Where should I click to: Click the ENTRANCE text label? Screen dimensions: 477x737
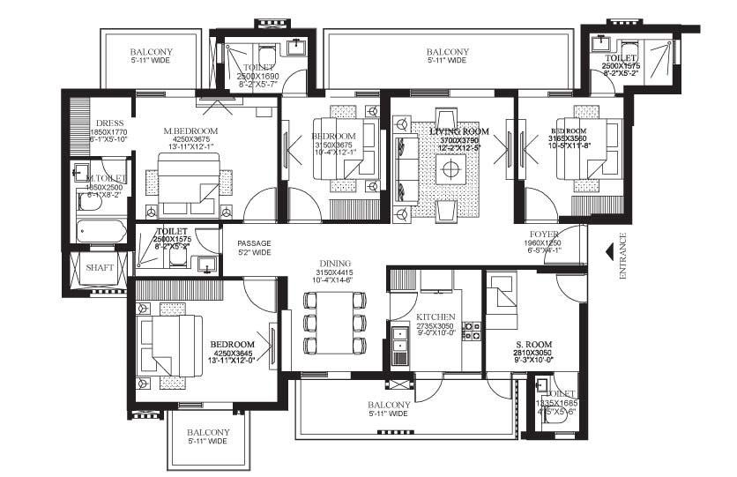tap(623, 256)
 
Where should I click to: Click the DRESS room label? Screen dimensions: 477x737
tap(109, 123)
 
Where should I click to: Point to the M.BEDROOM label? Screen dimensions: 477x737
tap(190, 131)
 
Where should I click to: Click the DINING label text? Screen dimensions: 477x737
tap(335, 263)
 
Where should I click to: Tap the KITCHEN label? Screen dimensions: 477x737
tap(435, 317)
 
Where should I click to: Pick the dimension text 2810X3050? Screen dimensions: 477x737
tap(533, 353)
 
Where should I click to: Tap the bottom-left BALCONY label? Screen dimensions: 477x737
tap(207, 433)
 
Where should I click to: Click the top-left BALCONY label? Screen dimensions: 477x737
tap(152, 52)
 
